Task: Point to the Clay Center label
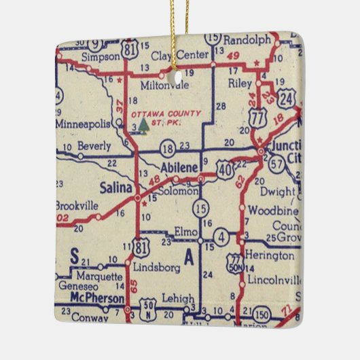pyautogui.click(x=178, y=55)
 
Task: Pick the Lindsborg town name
pyautogui.click(x=150, y=266)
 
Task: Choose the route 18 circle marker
pyautogui.click(x=167, y=147)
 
